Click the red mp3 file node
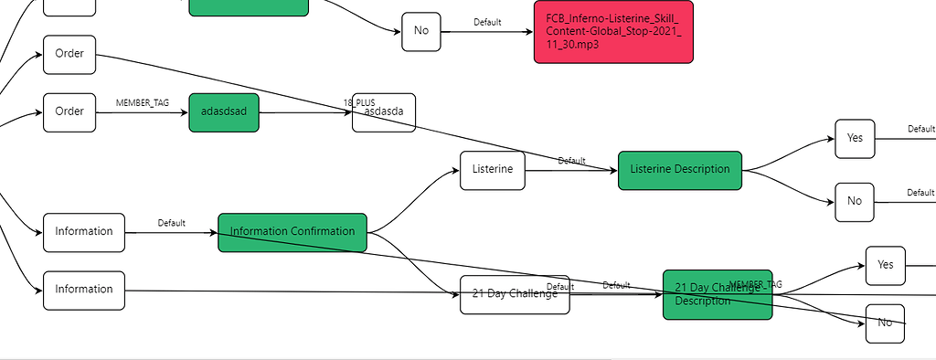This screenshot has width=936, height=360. (612, 31)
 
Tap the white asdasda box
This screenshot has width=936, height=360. (384, 112)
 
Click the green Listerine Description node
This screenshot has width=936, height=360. (680, 170)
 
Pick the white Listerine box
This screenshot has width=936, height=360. (493, 170)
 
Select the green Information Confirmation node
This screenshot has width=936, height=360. (292, 232)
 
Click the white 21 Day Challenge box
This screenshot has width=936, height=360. (515, 294)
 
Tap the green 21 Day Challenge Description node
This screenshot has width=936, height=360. (718, 294)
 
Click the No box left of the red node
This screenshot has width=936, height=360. (421, 31)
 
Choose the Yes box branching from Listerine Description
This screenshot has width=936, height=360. (855, 139)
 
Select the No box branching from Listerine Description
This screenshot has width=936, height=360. (855, 201)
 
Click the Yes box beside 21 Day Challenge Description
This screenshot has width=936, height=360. (885, 265)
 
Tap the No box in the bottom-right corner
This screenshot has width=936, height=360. (885, 323)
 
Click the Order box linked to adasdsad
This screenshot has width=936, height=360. (69, 111)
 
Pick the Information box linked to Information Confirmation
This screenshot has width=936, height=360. (83, 232)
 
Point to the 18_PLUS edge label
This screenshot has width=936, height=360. (359, 101)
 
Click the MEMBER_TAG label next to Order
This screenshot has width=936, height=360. (143, 102)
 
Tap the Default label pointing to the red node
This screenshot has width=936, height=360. (487, 22)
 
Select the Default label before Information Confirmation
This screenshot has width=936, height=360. (171, 223)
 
